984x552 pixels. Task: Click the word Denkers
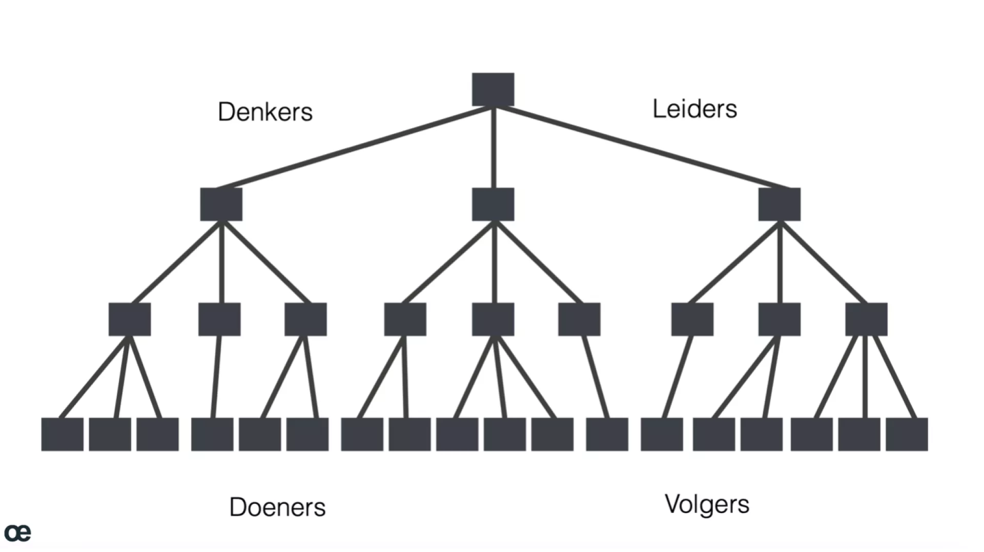[265, 111]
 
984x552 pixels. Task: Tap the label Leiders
[694, 109]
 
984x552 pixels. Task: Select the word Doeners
[277, 507]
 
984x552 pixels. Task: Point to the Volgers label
[707, 504]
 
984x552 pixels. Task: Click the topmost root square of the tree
[493, 89]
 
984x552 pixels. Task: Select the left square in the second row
[221, 204]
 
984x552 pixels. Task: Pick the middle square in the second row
[493, 204]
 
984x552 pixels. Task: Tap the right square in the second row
[779, 204]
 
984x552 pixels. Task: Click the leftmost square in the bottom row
[62, 435]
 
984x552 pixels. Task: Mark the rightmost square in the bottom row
[907, 435]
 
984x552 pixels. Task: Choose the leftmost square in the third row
[130, 319]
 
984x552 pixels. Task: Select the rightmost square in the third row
[866, 319]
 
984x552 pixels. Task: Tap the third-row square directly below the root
[493, 319]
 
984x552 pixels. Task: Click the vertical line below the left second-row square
[221, 262]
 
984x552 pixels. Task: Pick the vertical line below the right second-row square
[780, 262]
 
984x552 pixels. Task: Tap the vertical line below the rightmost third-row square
[866, 377]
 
